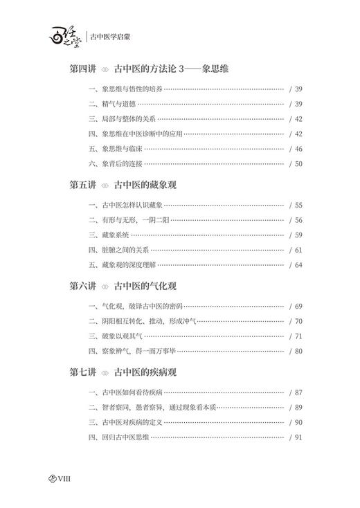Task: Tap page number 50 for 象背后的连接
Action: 298,163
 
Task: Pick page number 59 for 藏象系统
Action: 298,235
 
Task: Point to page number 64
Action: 298,264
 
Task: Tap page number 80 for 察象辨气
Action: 298,350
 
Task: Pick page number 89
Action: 298,408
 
